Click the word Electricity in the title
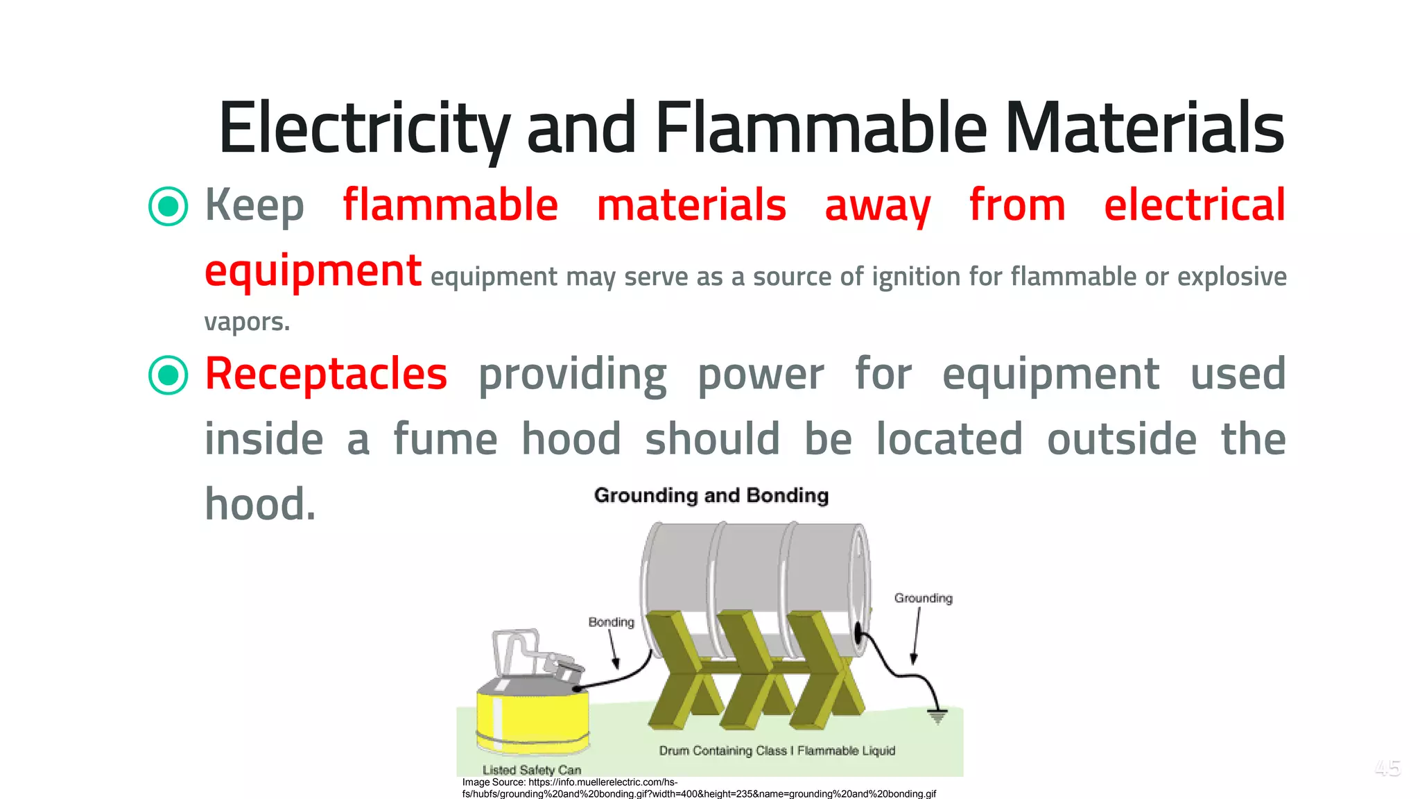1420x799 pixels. pyautogui.click(x=364, y=128)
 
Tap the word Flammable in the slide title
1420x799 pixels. pyautogui.click(x=821, y=128)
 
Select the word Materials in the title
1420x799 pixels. pyautogui.click(x=1144, y=128)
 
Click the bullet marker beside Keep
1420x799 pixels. pyautogui.click(x=168, y=206)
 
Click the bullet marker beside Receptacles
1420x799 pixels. pyautogui.click(x=168, y=375)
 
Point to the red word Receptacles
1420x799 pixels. pyautogui.click(x=326, y=375)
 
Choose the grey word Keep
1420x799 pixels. pyautogui.click(x=254, y=206)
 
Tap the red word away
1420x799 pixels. pyautogui.click(x=877, y=206)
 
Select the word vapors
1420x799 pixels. pyautogui.click(x=247, y=322)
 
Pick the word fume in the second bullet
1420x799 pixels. pyautogui.click(x=445, y=439)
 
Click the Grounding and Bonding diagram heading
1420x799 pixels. pyautogui.click(x=711, y=495)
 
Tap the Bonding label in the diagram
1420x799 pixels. pyautogui.click(x=611, y=622)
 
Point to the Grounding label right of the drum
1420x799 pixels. pyautogui.click(x=923, y=598)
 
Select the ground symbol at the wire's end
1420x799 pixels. pyautogui.click(x=937, y=716)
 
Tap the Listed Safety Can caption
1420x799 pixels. pyautogui.click(x=532, y=770)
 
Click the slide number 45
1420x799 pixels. pyautogui.click(x=1387, y=768)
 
